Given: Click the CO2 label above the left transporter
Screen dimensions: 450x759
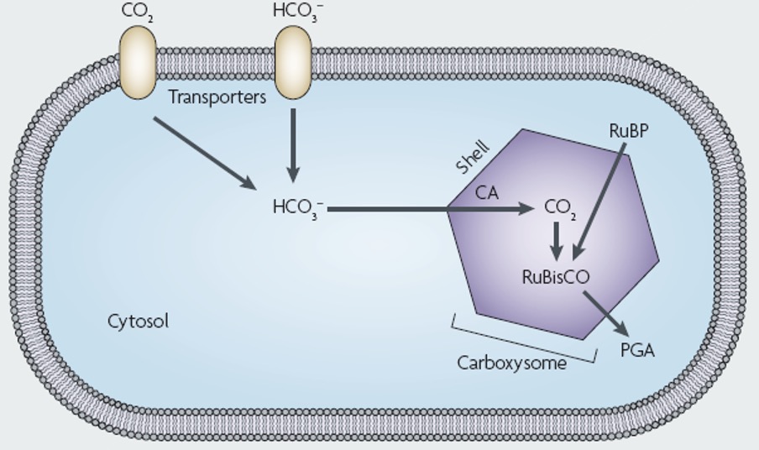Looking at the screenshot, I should coord(138,12).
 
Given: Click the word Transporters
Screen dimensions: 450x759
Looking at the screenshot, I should coord(217,97).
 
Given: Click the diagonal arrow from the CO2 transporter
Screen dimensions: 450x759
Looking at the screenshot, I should coord(205,154).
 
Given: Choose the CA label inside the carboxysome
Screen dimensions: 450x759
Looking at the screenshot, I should coord(487,193).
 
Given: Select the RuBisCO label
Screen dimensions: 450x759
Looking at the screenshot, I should coord(556,276).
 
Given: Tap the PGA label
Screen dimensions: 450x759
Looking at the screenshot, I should coord(636,350).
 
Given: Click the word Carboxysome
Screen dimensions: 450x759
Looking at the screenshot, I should coord(511,363).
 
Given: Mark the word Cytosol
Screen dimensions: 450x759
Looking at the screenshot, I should coord(138,321).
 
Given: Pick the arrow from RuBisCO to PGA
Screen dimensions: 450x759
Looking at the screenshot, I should coord(605,313).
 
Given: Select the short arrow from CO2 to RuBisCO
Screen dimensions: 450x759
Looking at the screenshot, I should coord(556,242).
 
